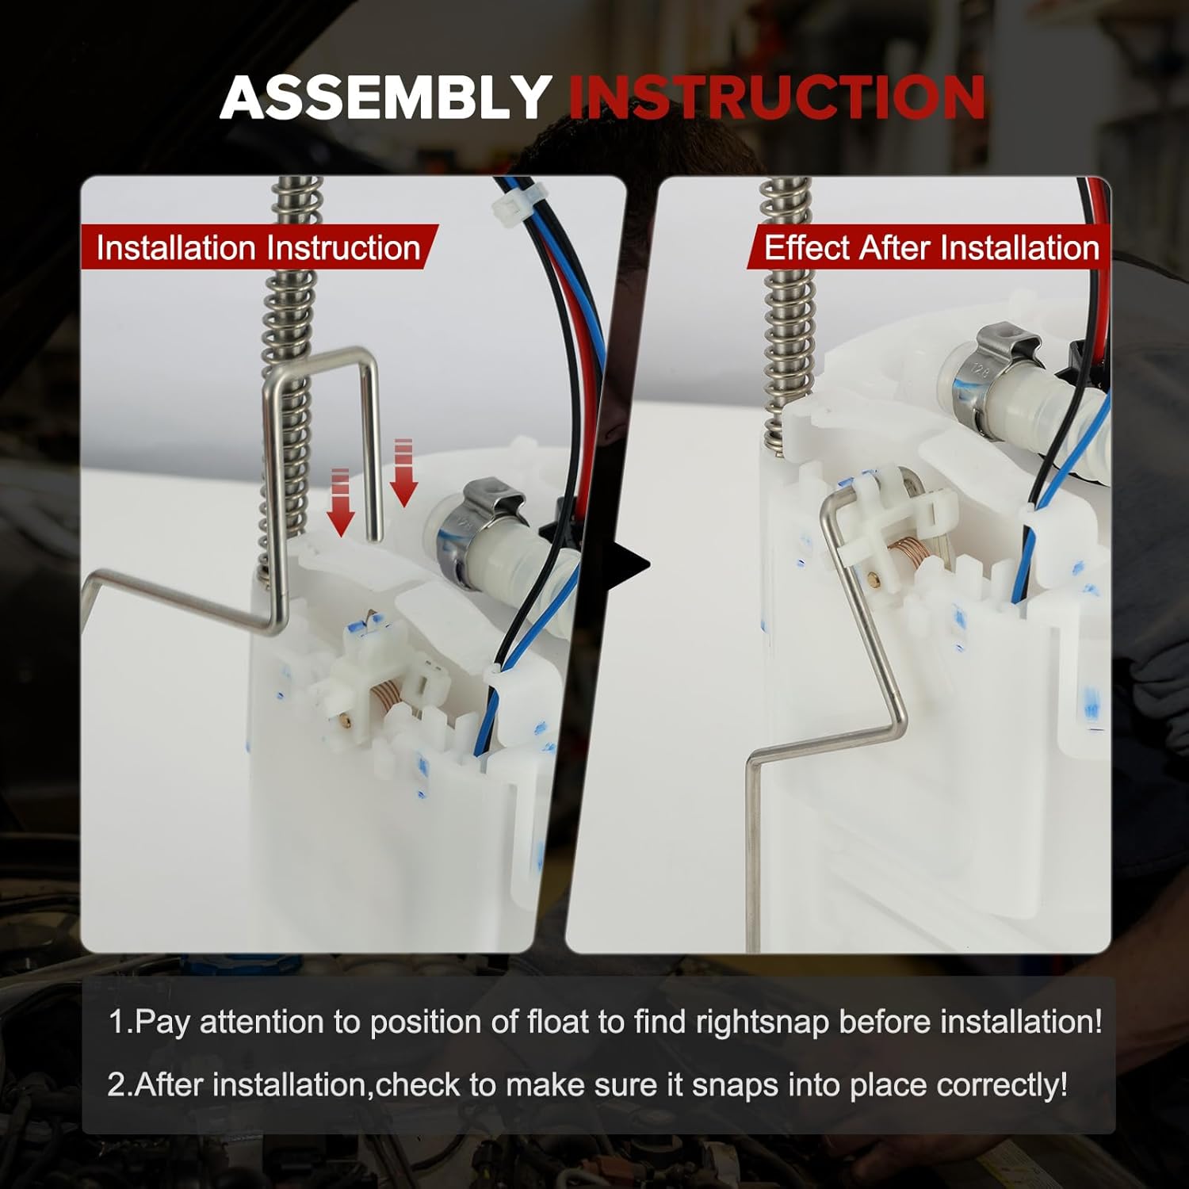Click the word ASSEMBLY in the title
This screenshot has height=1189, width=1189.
(x=386, y=98)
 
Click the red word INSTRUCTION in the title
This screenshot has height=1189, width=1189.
(x=777, y=98)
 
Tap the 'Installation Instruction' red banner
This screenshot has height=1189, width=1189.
(x=258, y=248)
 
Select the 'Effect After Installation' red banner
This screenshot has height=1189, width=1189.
(x=931, y=248)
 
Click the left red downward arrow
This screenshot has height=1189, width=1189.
(x=342, y=503)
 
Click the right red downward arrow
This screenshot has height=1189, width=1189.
(x=404, y=472)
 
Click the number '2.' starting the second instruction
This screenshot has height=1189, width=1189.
(x=120, y=1084)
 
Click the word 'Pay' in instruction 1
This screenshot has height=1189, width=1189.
(x=162, y=1023)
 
